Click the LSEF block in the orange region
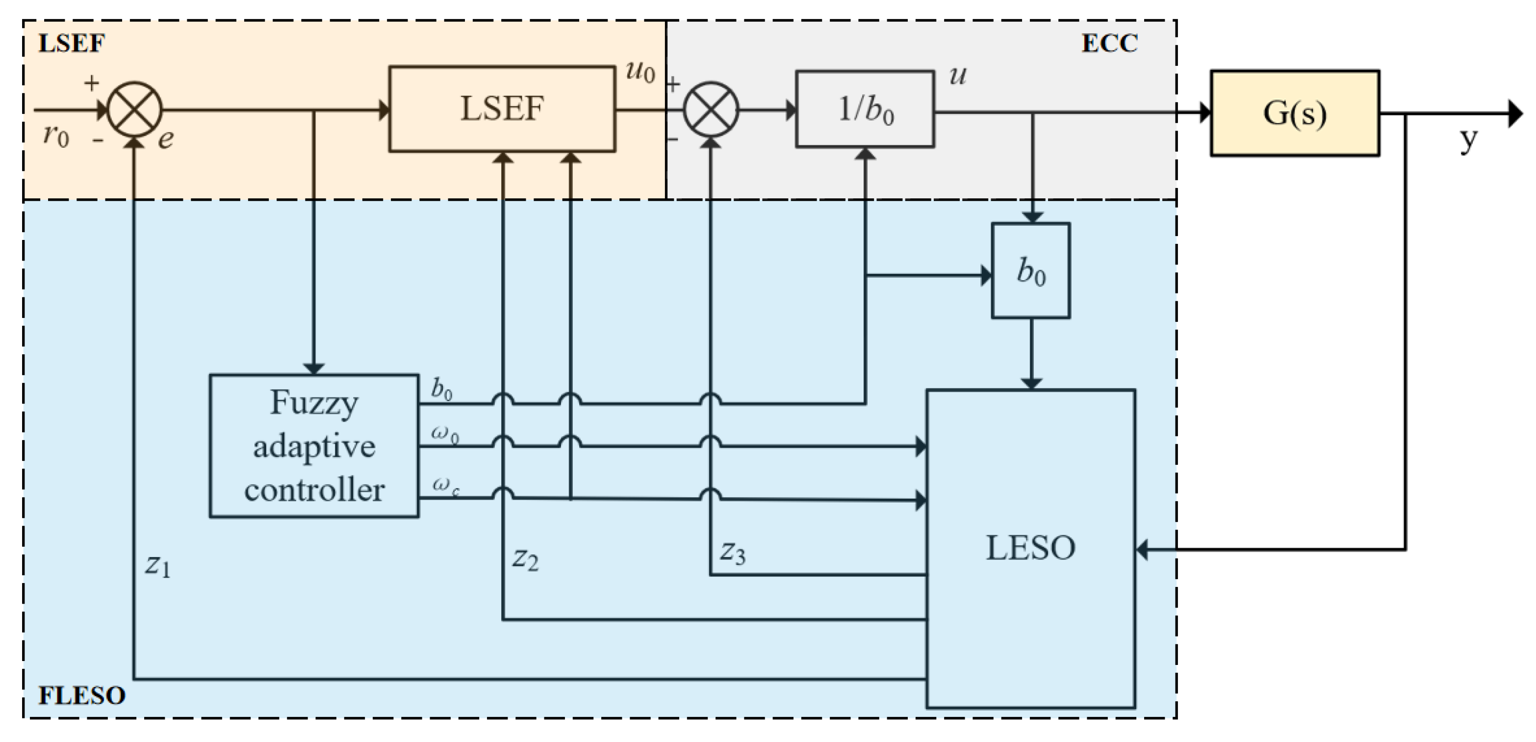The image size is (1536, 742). point(502,109)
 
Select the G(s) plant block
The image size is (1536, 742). point(1295,113)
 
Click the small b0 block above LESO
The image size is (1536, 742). point(1030,270)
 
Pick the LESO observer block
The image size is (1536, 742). point(1030,548)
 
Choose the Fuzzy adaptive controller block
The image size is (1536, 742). point(314,446)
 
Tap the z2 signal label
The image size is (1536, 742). point(525,559)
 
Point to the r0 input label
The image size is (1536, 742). point(56,135)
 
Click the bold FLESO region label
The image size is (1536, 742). point(82,695)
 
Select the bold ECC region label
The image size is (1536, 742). point(1109,43)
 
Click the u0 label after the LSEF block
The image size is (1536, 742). point(640,72)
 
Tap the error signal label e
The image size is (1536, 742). point(166,139)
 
